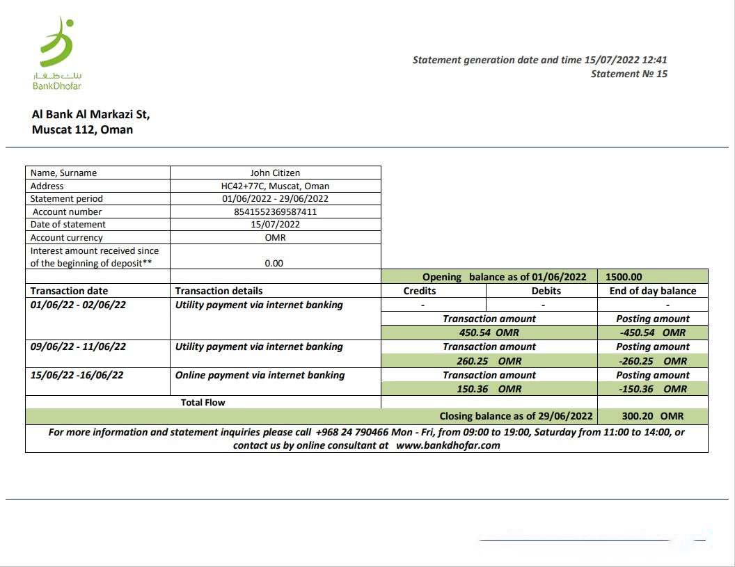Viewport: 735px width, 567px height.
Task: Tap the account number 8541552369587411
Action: tap(275, 211)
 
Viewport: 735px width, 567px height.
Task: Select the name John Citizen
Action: tap(275, 173)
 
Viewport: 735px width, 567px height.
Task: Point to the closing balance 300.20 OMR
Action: tap(652, 416)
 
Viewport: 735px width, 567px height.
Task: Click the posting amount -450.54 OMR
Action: tap(652, 333)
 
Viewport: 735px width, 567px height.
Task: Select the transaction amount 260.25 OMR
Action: tap(489, 361)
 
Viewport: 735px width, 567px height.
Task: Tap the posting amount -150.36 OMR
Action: tap(652, 389)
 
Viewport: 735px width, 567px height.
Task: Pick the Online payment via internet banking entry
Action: tap(260, 375)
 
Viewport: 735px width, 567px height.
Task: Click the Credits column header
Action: tap(420, 291)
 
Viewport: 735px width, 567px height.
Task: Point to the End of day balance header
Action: tap(652, 291)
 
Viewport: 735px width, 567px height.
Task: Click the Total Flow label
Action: tap(203, 402)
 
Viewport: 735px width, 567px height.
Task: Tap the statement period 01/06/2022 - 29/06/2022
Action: tap(275, 198)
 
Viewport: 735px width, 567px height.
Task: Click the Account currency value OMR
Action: tap(275, 237)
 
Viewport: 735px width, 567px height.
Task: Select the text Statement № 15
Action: tap(629, 74)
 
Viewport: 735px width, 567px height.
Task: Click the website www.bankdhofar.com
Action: tap(448, 445)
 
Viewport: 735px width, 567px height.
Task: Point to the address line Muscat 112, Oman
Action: tap(82, 129)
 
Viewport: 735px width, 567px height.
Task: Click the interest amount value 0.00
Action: tap(274, 263)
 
